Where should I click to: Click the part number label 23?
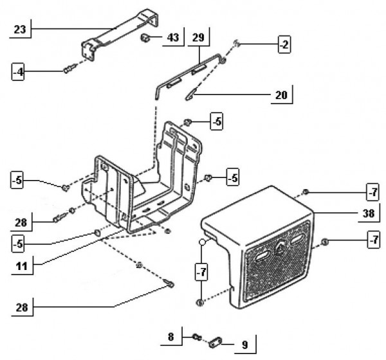click(x=21, y=29)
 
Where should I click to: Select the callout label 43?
click(x=173, y=38)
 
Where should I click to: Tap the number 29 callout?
click(x=198, y=38)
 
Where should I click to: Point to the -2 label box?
click(x=284, y=44)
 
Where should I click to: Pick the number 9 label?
click(x=245, y=345)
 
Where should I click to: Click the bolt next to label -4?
click(x=68, y=70)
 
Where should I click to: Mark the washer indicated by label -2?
click(x=237, y=44)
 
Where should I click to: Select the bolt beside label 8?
click(x=196, y=336)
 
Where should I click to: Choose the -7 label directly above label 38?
click(x=372, y=192)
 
